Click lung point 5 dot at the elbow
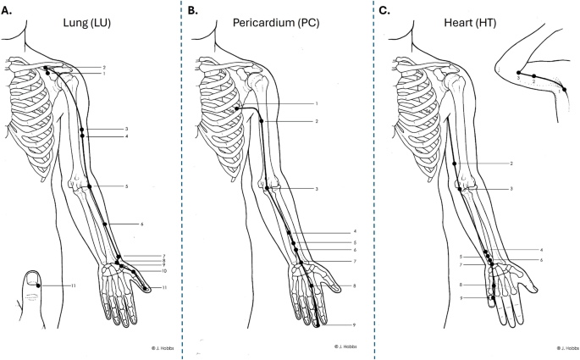[x=88, y=186]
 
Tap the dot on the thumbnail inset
[x=38, y=286]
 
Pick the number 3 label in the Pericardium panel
[x=316, y=188]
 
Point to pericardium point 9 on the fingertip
[x=317, y=324]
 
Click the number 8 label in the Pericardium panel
[x=353, y=286]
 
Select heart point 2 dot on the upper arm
[x=455, y=163]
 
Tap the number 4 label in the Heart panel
[x=539, y=249]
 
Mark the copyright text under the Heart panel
[x=566, y=347]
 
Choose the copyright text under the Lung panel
[x=140, y=347]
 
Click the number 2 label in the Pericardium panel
[x=316, y=122]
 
